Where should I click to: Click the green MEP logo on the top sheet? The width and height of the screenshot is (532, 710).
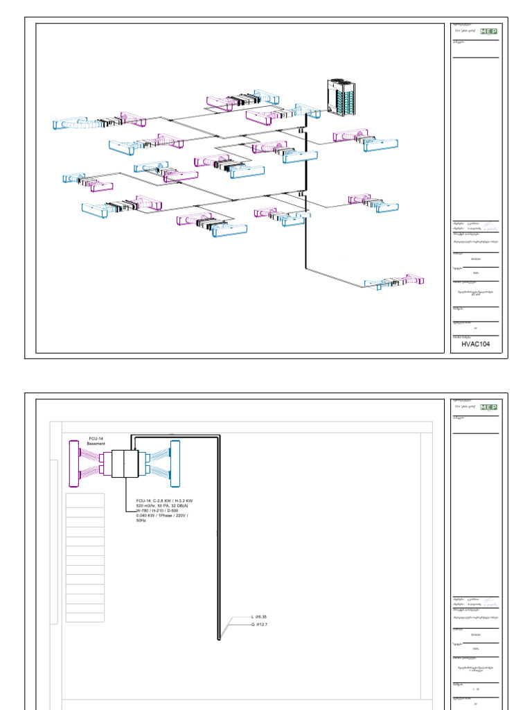point(489,31)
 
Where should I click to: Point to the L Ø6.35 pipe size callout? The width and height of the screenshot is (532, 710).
point(264,616)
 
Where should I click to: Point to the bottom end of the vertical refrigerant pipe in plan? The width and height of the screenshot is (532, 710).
point(219,638)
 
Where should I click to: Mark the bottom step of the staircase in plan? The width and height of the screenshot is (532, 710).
point(85,617)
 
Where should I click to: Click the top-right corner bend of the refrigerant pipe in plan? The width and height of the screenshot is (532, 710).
point(219,436)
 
